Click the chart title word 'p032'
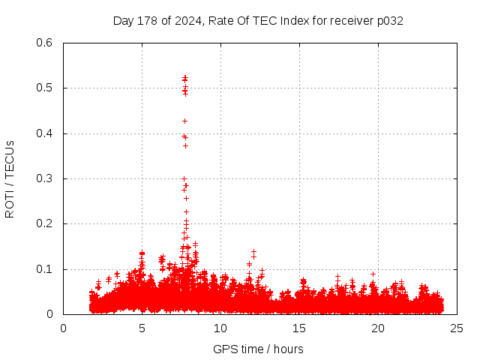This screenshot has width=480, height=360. point(390,21)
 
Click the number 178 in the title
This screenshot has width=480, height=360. point(145,21)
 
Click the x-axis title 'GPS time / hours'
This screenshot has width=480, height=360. point(258,349)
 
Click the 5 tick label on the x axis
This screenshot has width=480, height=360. point(142,328)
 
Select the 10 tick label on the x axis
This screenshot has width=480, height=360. point(220,328)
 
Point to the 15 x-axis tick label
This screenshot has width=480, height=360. point(299,328)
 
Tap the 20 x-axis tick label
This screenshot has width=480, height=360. point(378,328)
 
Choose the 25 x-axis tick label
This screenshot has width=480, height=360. point(457,328)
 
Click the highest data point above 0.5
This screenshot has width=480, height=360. point(185,77)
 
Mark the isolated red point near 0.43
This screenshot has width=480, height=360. point(184,121)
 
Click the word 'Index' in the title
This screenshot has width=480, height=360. point(295,21)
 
